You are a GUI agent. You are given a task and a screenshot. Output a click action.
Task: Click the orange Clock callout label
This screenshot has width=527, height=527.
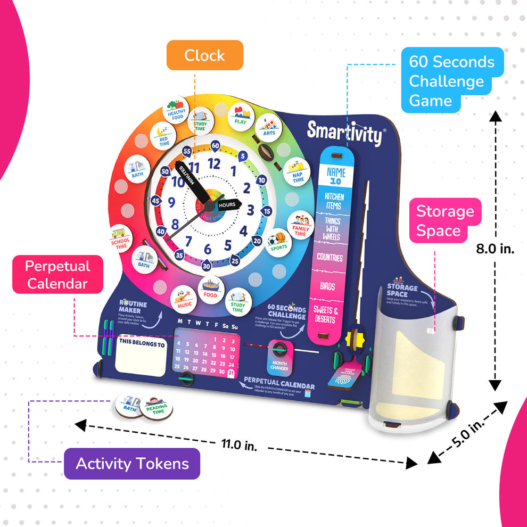204,55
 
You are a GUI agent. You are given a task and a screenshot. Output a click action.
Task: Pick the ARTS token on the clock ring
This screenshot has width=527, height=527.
269,127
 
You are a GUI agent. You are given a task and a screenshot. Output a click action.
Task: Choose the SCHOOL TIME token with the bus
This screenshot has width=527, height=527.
120,238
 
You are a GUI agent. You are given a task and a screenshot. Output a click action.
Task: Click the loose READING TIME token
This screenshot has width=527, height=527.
156,407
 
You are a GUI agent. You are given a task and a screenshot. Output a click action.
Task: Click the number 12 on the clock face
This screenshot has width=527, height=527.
214,163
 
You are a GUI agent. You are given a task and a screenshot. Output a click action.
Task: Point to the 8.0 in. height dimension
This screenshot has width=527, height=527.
496,249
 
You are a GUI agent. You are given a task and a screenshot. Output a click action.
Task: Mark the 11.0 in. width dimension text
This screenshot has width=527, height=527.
238,444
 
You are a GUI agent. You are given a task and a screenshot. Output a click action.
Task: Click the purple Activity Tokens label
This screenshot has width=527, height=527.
132,464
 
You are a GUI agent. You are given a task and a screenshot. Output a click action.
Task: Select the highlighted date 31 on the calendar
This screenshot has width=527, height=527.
231,373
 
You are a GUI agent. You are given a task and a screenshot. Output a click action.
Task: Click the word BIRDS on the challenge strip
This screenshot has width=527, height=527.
327,286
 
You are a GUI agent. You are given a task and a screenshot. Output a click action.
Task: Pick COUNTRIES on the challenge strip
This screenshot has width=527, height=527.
330,257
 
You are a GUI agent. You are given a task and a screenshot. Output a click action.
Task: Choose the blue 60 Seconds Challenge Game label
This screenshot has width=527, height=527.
451,81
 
